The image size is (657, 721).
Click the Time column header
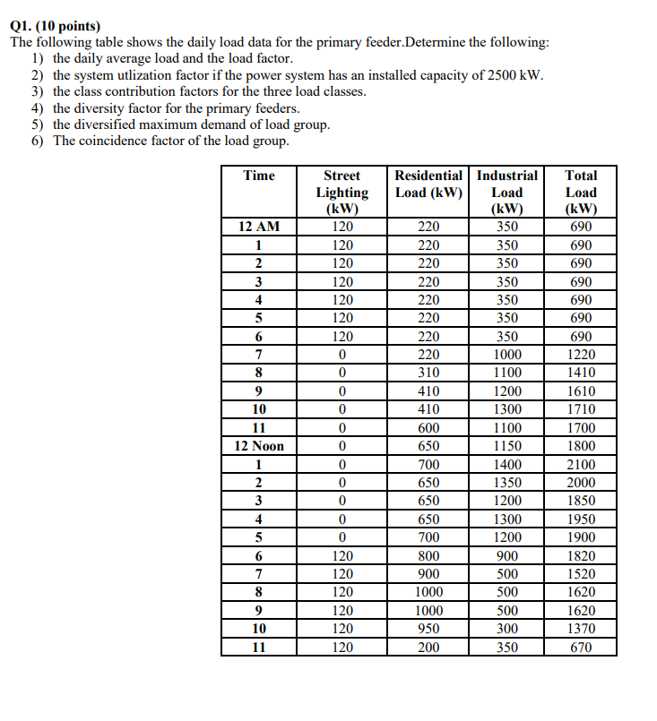pyautogui.click(x=259, y=176)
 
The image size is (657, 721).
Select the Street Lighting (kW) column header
pyautogui.click(x=341, y=192)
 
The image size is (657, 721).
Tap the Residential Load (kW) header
pyautogui.click(x=428, y=184)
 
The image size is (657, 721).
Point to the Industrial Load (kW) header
pyautogui.click(x=507, y=192)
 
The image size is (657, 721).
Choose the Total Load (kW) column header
pyautogui.click(x=581, y=192)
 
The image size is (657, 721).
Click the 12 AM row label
pyautogui.click(x=259, y=227)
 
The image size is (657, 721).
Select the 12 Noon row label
pyautogui.click(x=259, y=446)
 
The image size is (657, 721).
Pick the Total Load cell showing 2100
pyautogui.click(x=581, y=465)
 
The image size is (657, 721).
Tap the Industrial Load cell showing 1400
pyautogui.click(x=507, y=465)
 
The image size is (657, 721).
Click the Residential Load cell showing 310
pyautogui.click(x=428, y=373)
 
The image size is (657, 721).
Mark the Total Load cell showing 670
pyautogui.click(x=581, y=648)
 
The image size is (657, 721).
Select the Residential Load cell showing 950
pyautogui.click(x=428, y=629)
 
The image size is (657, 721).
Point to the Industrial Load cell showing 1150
pyautogui.click(x=507, y=446)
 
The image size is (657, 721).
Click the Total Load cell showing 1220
pyautogui.click(x=581, y=355)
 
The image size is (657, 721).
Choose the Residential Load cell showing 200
pyautogui.click(x=428, y=648)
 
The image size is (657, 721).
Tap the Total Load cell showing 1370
pyautogui.click(x=581, y=629)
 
